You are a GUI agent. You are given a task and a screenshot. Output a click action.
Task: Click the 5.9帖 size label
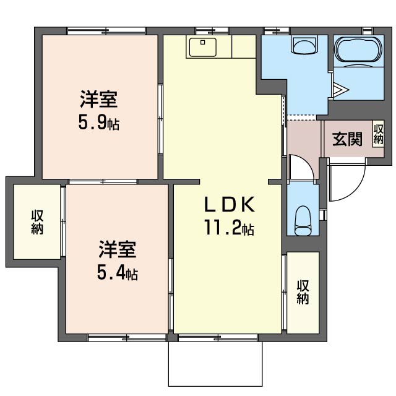tap(99, 123)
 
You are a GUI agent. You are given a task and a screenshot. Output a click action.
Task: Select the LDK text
tap(229, 204)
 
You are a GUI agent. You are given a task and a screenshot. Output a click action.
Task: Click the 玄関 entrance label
tap(347, 139)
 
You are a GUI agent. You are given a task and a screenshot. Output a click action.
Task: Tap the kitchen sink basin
tap(203, 47)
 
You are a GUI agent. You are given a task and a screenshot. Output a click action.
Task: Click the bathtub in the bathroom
tap(359, 49)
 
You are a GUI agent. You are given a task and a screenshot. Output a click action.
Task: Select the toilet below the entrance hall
tap(303, 220)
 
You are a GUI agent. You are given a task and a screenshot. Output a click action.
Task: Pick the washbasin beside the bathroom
tap(304, 45)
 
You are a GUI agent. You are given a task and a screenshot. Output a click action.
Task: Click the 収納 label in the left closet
tap(37, 222)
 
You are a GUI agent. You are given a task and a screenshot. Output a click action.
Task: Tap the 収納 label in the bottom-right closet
tap(303, 292)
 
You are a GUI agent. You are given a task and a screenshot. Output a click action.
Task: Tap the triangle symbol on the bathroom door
tap(340, 89)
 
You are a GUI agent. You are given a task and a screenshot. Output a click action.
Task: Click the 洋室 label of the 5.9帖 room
tap(99, 99)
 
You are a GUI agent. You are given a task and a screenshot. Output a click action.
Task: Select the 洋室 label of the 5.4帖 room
tap(118, 249)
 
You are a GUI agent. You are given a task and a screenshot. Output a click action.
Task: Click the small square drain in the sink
tap(202, 43)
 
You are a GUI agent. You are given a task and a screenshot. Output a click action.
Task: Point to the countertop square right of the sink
tap(244, 47)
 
